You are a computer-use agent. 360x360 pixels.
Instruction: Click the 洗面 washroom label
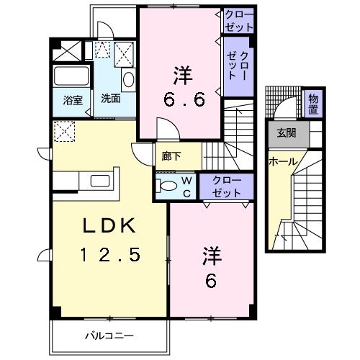[x=110, y=99]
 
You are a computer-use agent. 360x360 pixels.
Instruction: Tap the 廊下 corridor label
[x=171, y=154]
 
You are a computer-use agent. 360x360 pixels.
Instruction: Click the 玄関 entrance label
[x=285, y=132]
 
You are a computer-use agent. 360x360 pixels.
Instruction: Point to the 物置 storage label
[x=314, y=104]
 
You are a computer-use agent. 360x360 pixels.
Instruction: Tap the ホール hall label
[x=282, y=161]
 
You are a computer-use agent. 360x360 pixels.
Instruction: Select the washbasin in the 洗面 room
[x=127, y=79]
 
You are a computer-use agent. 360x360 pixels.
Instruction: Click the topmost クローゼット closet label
[x=238, y=20]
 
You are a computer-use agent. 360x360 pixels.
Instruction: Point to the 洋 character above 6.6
[x=181, y=73]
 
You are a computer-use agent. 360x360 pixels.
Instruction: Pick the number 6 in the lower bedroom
[x=211, y=282]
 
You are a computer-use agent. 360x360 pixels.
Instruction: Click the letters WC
[x=185, y=186]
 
